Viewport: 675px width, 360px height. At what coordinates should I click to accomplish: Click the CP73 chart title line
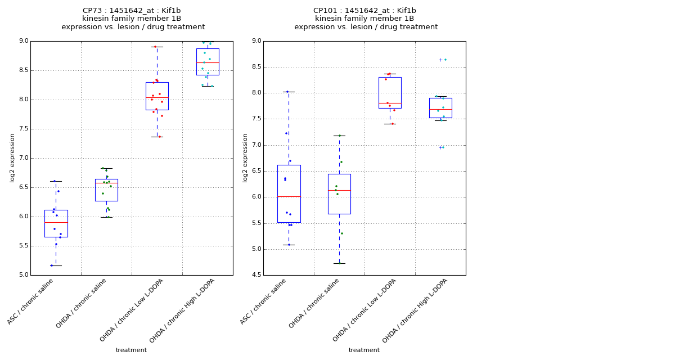(x=132, y=11)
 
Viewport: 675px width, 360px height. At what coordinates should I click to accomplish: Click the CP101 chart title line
(x=364, y=11)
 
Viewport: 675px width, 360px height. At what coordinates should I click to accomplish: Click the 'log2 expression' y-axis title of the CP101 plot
(x=245, y=157)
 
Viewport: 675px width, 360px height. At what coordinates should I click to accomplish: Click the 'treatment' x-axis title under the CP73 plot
(x=131, y=350)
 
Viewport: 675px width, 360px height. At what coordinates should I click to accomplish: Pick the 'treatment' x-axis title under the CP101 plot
(x=364, y=350)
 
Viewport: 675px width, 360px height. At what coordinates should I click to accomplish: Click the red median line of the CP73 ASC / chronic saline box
(x=56, y=223)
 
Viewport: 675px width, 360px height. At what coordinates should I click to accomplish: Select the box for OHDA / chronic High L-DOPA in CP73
(x=208, y=62)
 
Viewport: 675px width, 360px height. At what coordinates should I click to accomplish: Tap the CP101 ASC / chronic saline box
(x=289, y=193)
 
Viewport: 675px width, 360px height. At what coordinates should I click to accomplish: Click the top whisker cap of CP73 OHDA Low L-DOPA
(x=157, y=47)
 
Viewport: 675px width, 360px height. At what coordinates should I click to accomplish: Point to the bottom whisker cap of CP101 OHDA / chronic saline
(x=339, y=263)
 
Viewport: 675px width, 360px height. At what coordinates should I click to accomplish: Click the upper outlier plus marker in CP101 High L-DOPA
(x=440, y=60)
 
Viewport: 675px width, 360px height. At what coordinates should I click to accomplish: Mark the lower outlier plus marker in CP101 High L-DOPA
(x=440, y=147)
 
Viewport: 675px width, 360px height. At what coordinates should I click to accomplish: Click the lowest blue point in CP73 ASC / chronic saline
(x=51, y=265)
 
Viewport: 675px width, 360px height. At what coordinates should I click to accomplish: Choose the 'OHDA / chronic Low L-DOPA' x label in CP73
(x=133, y=309)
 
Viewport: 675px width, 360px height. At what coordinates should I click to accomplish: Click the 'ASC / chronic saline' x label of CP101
(x=264, y=301)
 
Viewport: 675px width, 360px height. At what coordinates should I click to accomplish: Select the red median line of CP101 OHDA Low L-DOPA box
(x=390, y=103)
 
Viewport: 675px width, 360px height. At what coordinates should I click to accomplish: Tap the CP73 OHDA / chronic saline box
(x=106, y=190)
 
